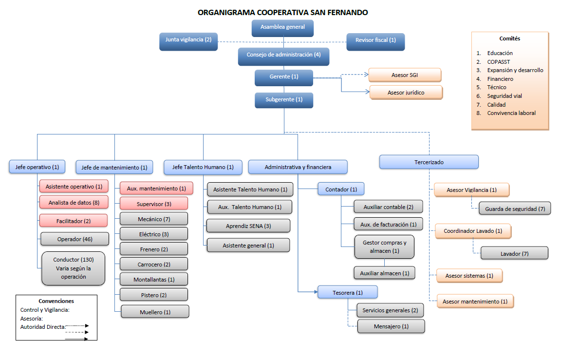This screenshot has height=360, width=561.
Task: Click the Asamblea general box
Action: coord(282,28)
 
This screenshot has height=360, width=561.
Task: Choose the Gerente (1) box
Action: coord(284,77)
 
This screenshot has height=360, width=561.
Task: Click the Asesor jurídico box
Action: coord(406,92)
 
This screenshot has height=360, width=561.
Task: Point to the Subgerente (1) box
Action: coord(284,100)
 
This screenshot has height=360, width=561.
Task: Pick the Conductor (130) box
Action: coord(73,268)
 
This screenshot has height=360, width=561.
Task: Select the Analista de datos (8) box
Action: coord(74,203)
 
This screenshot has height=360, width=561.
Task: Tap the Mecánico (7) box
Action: coord(154,219)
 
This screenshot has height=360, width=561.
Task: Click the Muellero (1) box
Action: coord(155,312)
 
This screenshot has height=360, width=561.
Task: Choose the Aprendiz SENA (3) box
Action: coord(248,226)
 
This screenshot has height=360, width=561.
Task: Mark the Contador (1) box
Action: coord(341,189)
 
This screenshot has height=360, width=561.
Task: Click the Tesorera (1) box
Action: coord(348,292)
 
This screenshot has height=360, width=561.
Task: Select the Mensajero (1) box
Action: coord(391,326)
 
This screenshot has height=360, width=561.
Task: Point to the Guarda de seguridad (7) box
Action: coord(515,209)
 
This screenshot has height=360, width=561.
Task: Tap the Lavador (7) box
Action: coord(514,254)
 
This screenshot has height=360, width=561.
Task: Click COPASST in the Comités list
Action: coord(499,62)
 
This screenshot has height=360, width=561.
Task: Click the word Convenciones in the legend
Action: coord(56,301)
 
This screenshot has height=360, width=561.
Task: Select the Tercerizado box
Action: coord(429,162)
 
